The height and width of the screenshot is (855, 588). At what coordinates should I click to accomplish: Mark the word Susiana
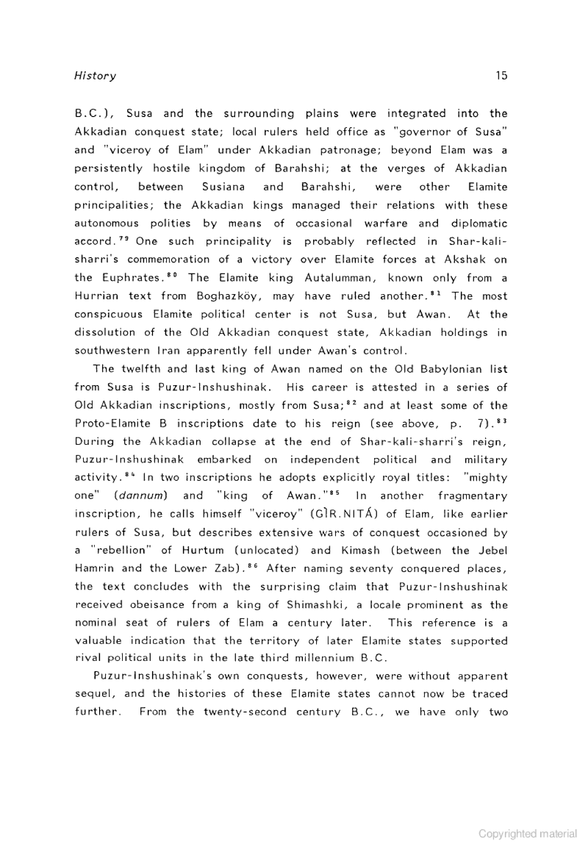click(x=223, y=187)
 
